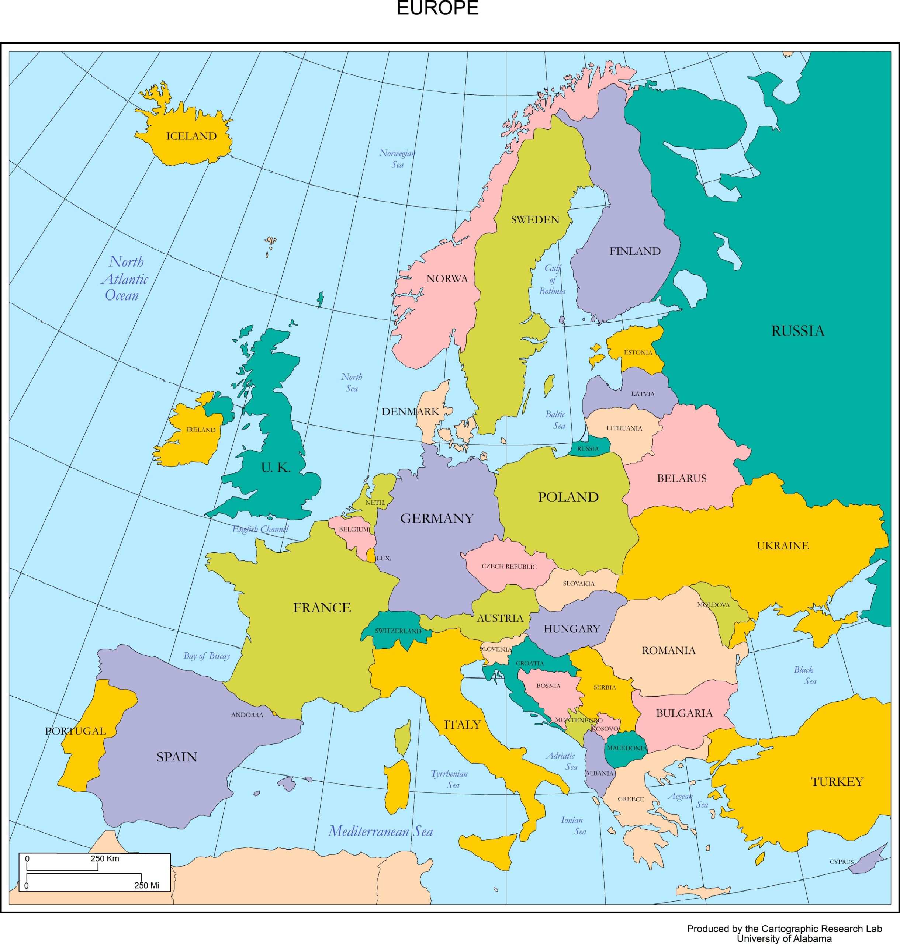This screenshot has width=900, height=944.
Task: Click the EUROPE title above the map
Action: (437, 8)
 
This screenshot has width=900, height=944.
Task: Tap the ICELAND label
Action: (191, 136)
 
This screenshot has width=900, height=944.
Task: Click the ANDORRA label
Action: (247, 715)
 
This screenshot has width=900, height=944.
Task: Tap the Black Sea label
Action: (804, 676)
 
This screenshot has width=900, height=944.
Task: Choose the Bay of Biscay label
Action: (207, 656)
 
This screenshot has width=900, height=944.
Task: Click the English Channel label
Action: (260, 529)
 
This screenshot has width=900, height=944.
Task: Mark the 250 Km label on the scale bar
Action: (105, 858)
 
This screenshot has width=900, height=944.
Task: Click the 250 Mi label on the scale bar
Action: (147, 885)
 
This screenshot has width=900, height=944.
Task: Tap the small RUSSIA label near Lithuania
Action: (588, 448)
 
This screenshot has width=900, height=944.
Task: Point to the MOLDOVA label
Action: (713, 605)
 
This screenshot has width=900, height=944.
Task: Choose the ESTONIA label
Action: (638, 353)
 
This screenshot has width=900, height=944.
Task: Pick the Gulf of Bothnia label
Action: (552, 280)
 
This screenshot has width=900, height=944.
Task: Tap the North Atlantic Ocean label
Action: (125, 279)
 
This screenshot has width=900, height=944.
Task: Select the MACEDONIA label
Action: (627, 748)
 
